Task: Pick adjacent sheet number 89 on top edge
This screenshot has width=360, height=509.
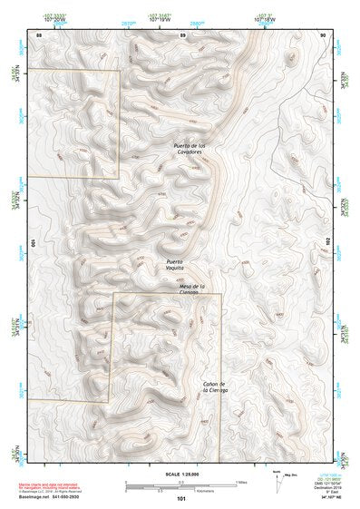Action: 182,34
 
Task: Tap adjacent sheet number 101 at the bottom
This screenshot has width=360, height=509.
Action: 182,499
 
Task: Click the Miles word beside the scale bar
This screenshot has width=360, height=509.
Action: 242,481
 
